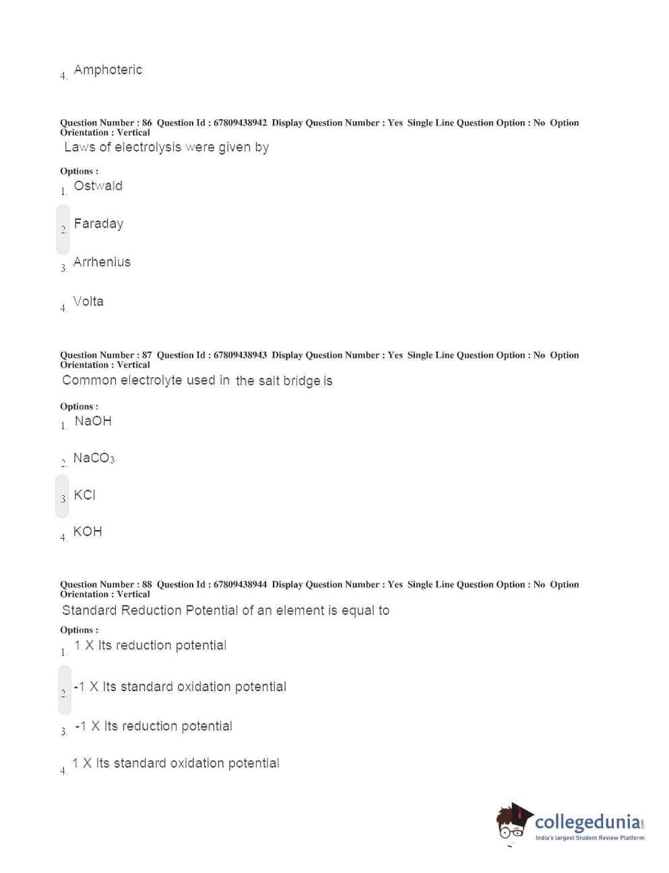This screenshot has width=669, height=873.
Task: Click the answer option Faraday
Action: point(98,224)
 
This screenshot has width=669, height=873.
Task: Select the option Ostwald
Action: point(98,186)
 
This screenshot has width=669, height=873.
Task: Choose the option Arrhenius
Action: point(102,262)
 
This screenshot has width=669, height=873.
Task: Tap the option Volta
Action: point(88,301)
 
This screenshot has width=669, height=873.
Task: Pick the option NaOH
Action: point(93,421)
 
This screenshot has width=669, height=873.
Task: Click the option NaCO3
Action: point(94,458)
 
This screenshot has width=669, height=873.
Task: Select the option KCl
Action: point(85,495)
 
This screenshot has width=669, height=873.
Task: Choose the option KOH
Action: point(88,531)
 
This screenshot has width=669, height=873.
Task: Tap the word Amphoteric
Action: point(108,70)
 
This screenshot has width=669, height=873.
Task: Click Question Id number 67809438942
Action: point(240,123)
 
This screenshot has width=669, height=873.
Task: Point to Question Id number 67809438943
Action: point(240,355)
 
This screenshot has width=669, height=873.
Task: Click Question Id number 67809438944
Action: point(240,585)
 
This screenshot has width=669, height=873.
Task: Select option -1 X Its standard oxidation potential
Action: point(180,687)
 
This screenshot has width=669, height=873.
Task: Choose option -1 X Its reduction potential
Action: point(154,726)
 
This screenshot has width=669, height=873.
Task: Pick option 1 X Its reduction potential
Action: point(150,645)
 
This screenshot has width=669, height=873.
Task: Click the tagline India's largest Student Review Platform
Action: point(590,838)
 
